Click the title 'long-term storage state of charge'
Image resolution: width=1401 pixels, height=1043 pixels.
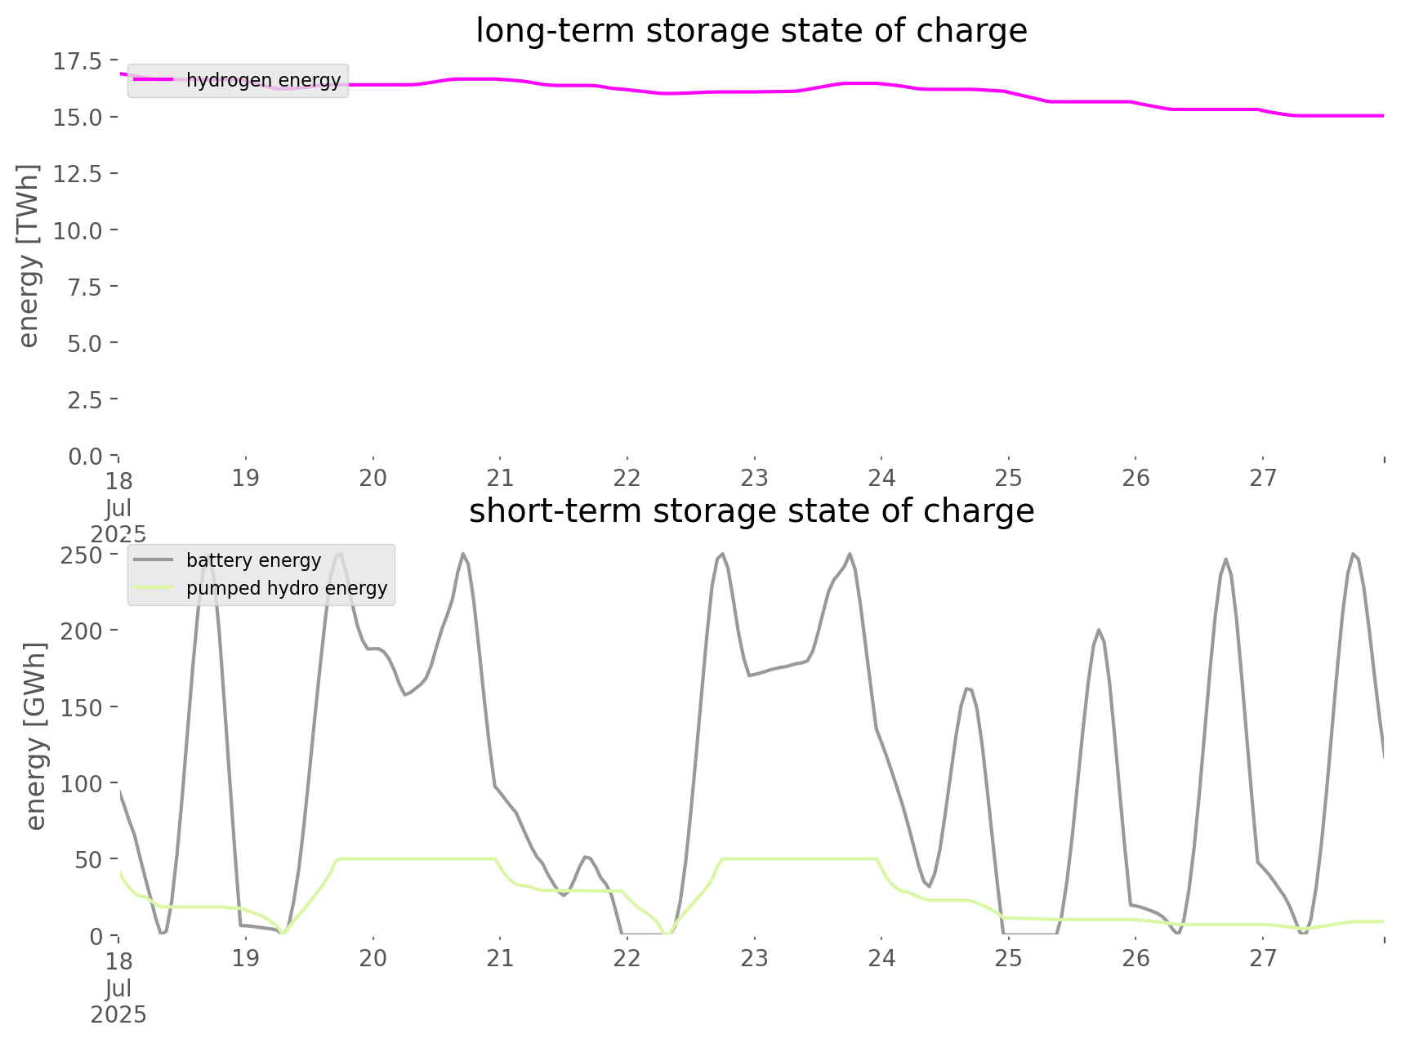[x=751, y=31]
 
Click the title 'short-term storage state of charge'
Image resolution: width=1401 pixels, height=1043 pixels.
[x=751, y=511]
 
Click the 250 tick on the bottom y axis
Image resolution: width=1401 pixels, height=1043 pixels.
[x=81, y=555]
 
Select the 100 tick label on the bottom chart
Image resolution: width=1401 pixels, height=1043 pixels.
[x=81, y=783]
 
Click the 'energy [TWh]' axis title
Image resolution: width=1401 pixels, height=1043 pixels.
[x=28, y=256]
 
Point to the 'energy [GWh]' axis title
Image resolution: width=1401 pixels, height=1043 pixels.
[x=35, y=736]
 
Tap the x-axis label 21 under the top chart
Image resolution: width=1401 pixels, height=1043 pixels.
[x=500, y=479]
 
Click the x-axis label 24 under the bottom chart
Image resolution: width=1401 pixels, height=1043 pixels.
[x=881, y=958]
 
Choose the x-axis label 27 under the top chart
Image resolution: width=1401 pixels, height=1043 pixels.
[x=1263, y=479]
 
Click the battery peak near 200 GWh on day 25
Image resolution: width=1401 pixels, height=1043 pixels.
[x=1099, y=630]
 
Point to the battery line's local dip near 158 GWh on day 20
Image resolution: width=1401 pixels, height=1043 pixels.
[x=405, y=695]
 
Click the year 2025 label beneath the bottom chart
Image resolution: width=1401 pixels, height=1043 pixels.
[x=118, y=1015]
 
